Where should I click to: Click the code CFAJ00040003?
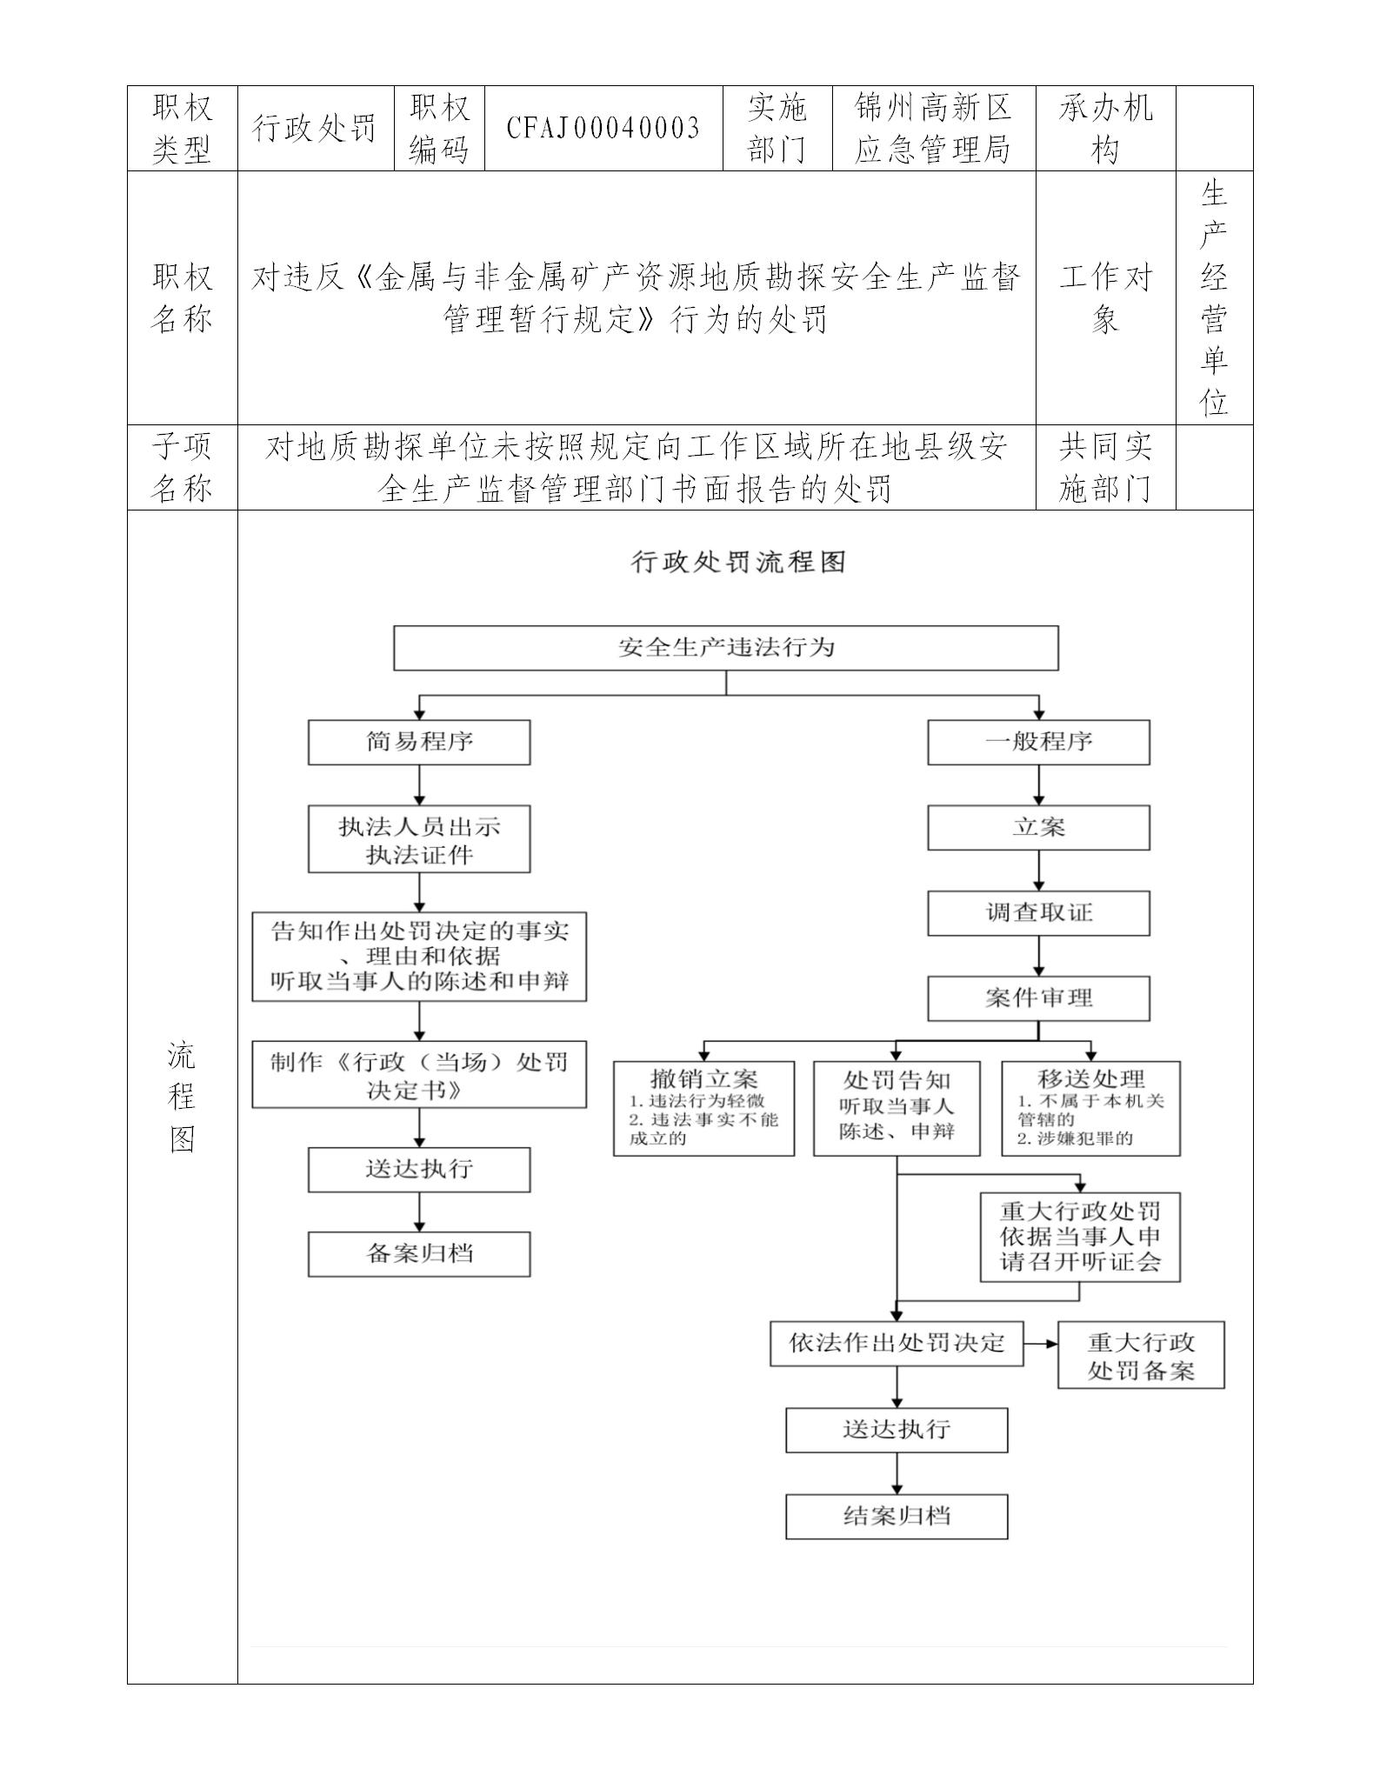coord(603,129)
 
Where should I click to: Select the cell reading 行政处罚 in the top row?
coord(315,129)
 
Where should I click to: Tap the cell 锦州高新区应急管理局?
coord(933,129)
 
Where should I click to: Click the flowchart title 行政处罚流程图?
coord(737,562)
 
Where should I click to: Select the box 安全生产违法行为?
coord(725,647)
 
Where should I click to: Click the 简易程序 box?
coord(419,742)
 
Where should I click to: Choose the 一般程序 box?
coord(1038,742)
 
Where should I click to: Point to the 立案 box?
coord(1038,827)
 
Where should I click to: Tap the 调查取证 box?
coord(1038,912)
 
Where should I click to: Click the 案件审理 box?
coord(1038,998)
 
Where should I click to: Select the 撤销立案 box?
coord(703,1107)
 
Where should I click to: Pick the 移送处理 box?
coord(1090,1107)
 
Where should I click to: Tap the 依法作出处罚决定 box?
coord(897,1343)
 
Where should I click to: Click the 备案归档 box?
coord(419,1253)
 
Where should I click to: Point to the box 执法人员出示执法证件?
coord(419,839)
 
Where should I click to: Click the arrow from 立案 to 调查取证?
coord(1038,871)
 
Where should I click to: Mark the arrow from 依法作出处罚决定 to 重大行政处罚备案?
coord(1040,1343)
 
